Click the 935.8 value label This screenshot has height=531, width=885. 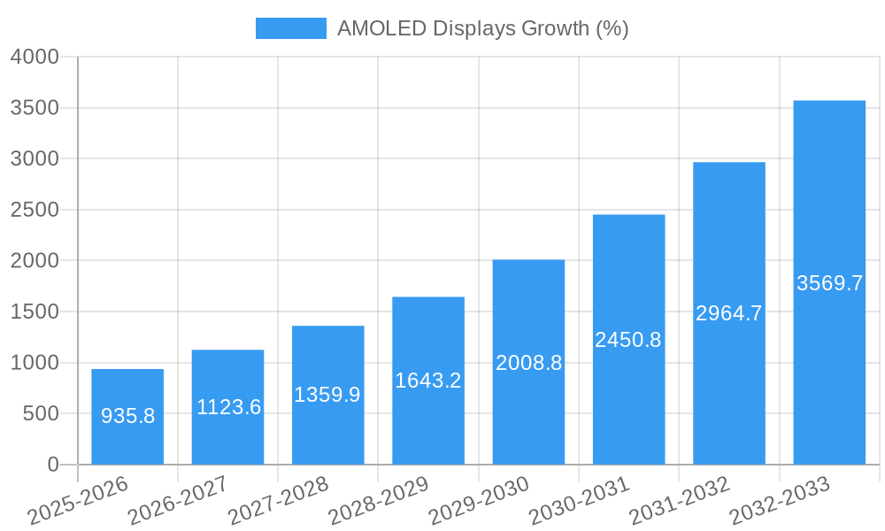[x=127, y=416]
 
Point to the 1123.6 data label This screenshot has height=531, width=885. [x=228, y=407]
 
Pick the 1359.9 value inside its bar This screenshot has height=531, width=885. [x=327, y=395]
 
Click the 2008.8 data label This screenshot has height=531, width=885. [x=528, y=363]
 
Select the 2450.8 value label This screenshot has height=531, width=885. [x=628, y=340]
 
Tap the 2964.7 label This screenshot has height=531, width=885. [x=728, y=313]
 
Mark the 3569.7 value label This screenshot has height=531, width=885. [x=829, y=283]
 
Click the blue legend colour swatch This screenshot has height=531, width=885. [x=290, y=28]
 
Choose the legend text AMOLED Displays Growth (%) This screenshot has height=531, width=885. [x=482, y=28]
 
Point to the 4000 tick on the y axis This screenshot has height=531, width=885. [x=35, y=58]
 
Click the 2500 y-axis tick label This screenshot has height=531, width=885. [x=35, y=211]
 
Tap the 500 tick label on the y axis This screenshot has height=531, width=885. [x=41, y=414]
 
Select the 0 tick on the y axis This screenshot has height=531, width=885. [x=53, y=465]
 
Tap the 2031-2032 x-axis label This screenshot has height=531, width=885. [x=680, y=501]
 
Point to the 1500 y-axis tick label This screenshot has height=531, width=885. [x=35, y=312]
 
